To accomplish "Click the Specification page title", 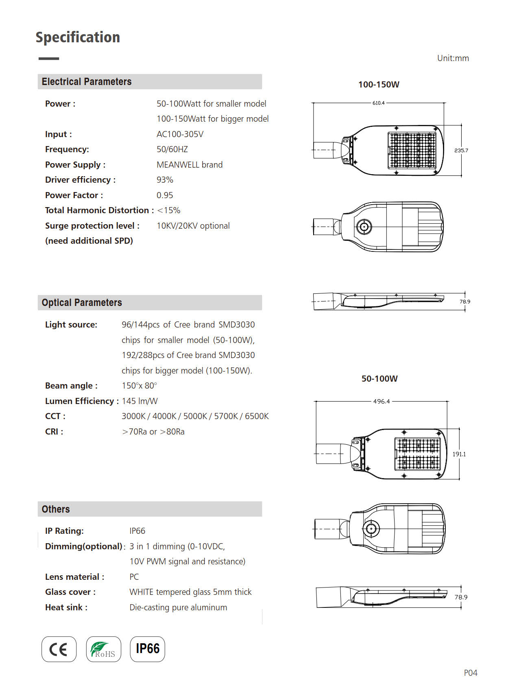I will pyautogui.click(x=78, y=37).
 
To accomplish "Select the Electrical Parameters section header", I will pyautogui.click(x=87, y=82).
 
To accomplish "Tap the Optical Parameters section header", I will pyautogui.click(x=82, y=303).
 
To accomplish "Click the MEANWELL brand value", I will pyautogui.click(x=190, y=165).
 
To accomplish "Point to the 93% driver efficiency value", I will pyautogui.click(x=165, y=180).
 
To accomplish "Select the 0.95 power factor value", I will pyautogui.click(x=165, y=195).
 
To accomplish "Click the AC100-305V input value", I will pyautogui.click(x=180, y=134).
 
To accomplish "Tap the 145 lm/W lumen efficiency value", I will pyautogui.click(x=140, y=401).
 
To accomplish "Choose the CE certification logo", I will pyautogui.click(x=59, y=649).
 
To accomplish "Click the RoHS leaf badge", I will pyautogui.click(x=104, y=649).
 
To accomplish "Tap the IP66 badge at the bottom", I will pyautogui.click(x=148, y=649).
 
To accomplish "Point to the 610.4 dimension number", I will pyautogui.click(x=378, y=103).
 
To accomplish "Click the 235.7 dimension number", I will pyautogui.click(x=461, y=151).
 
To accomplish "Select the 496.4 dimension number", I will pyautogui.click(x=382, y=402).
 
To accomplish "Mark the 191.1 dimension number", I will pyautogui.click(x=459, y=454).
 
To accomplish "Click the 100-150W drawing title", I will pyautogui.click(x=379, y=85).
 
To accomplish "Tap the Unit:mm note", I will pyautogui.click(x=453, y=58).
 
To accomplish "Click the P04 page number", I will pyautogui.click(x=471, y=673).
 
